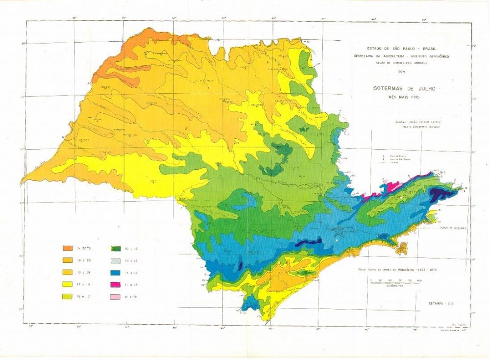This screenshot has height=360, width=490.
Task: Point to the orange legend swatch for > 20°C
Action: click(68, 248)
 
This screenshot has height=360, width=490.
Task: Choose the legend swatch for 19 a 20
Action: click(68, 260)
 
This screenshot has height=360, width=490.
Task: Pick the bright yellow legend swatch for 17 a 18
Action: click(68, 284)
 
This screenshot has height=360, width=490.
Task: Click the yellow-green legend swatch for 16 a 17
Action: click(68, 296)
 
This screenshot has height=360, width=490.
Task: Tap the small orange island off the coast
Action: click(402, 248)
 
